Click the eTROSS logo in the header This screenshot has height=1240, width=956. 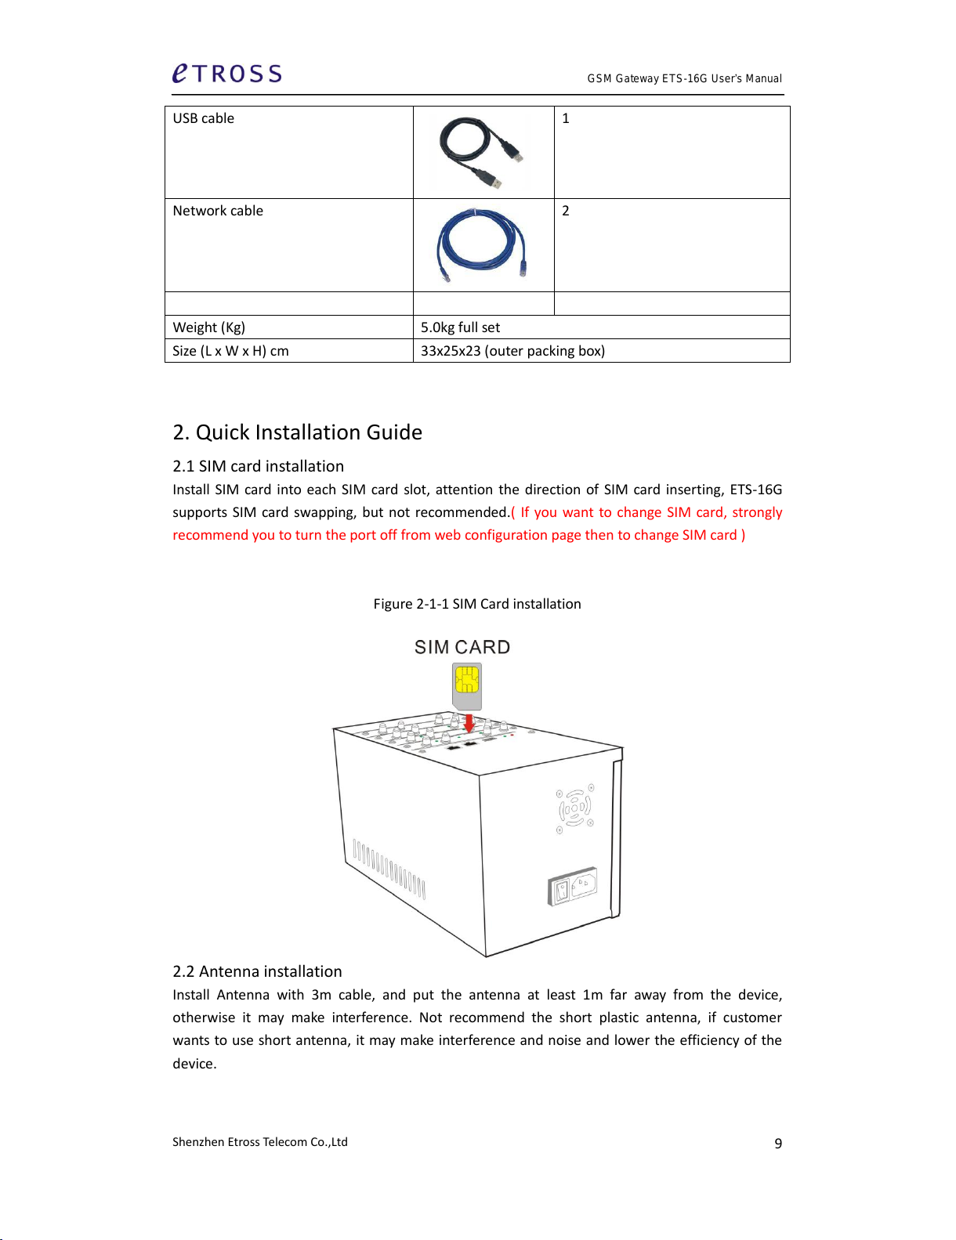point(226,74)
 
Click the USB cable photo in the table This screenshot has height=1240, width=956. point(480,152)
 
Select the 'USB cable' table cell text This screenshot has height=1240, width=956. point(204,118)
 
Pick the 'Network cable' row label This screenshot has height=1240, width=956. point(218,211)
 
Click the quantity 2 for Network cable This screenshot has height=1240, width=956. point(566,211)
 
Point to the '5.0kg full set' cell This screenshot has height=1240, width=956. point(460,327)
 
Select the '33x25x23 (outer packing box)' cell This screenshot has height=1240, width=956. point(512,351)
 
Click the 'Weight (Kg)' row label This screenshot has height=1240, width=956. point(208,327)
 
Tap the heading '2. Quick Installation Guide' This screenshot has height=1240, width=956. point(297,432)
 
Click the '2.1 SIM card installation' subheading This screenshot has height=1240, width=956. point(258,466)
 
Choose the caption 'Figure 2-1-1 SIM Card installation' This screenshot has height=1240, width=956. point(477,604)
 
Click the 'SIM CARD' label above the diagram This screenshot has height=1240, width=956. point(462,647)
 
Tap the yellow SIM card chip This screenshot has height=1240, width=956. point(467,679)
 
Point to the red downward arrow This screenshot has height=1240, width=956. point(469,723)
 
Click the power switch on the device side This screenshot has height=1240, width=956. point(560,891)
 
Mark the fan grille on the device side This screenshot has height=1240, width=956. point(575,808)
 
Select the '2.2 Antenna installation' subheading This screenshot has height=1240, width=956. point(257,971)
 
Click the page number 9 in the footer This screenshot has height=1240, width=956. point(778,1144)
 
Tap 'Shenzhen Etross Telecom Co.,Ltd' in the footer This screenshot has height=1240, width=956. point(260,1142)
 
